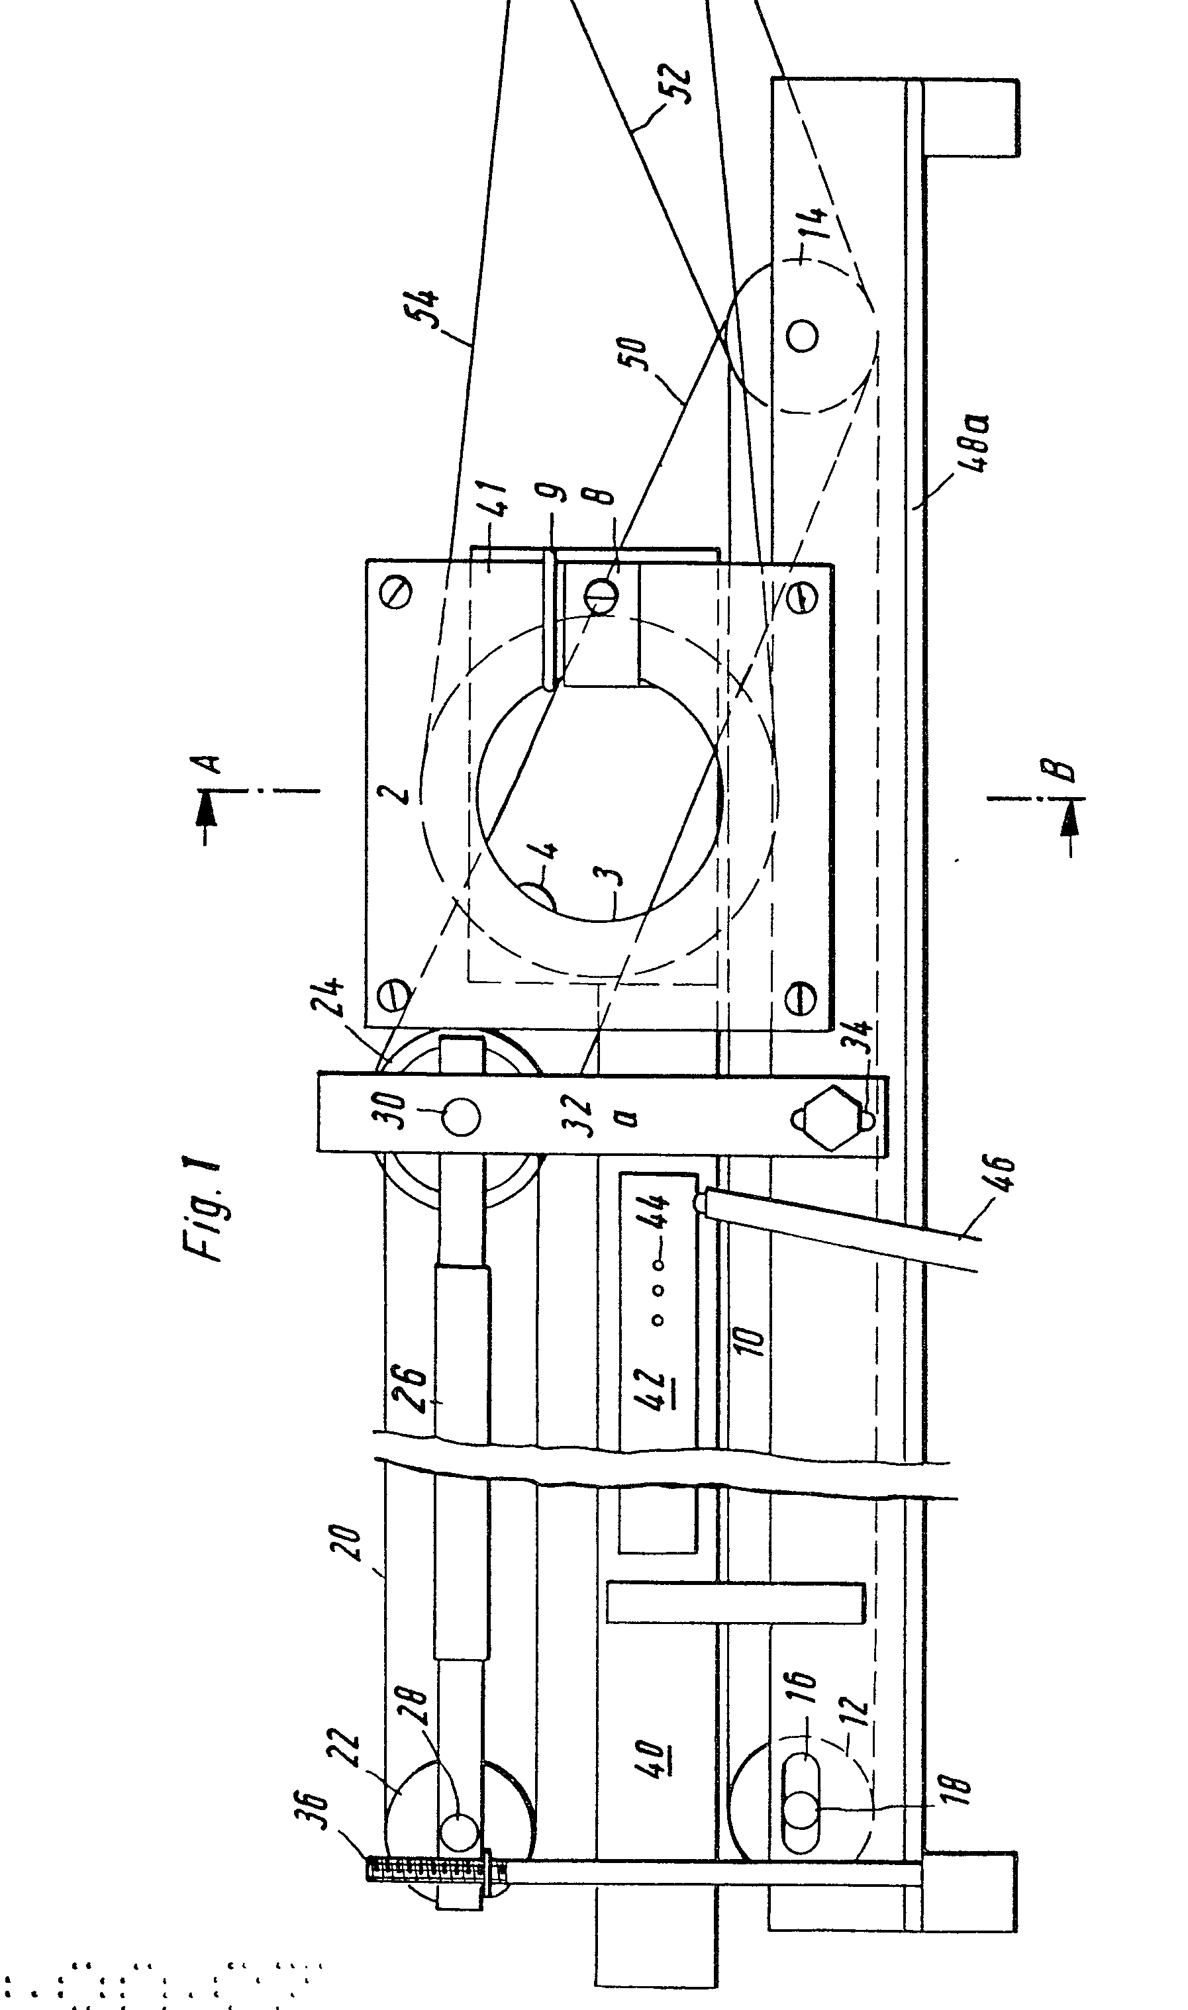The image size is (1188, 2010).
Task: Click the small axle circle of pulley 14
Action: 802,334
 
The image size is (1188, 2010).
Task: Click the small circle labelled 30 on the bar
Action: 460,1117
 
